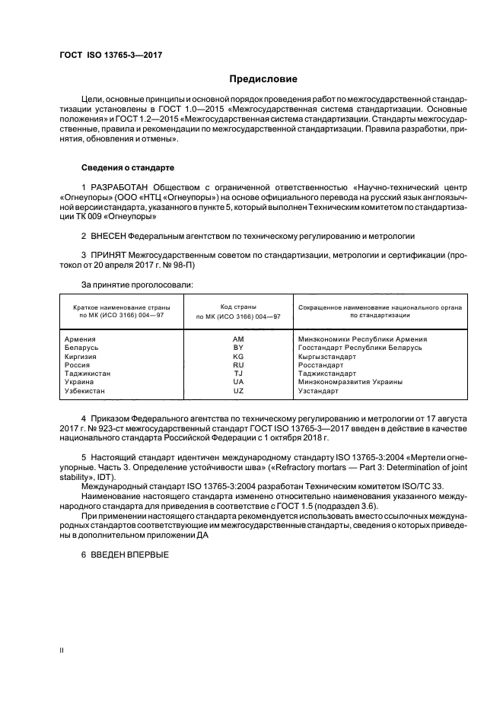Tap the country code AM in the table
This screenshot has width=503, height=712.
tap(238, 339)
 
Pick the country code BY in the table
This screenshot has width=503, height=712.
tap(238, 348)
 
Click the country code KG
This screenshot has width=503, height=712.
tap(238, 357)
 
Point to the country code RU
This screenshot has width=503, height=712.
tap(238, 365)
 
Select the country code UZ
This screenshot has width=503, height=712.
tap(238, 391)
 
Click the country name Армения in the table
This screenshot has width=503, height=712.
tap(81, 339)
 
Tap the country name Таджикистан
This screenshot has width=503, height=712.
tap(88, 373)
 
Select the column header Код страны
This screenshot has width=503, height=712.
tap(238, 305)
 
